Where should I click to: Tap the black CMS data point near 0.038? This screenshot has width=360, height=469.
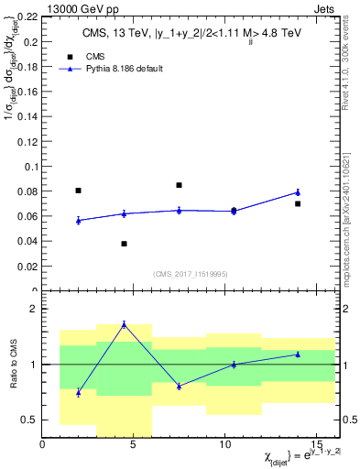click(124, 244)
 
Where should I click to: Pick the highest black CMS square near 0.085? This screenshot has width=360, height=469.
click(179, 185)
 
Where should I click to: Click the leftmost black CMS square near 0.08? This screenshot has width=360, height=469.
click(79, 191)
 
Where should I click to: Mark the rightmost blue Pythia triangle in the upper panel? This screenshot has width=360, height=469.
click(298, 191)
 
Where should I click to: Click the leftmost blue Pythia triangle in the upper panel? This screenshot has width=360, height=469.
click(79, 220)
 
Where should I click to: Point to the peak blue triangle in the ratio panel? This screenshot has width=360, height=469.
click(124, 324)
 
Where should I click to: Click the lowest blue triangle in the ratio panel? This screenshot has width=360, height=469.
click(79, 392)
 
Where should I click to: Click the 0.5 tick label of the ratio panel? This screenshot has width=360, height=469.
click(27, 420)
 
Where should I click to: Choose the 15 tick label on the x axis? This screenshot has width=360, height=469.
click(315, 445)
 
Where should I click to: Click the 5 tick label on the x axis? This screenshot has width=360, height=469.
click(134, 445)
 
